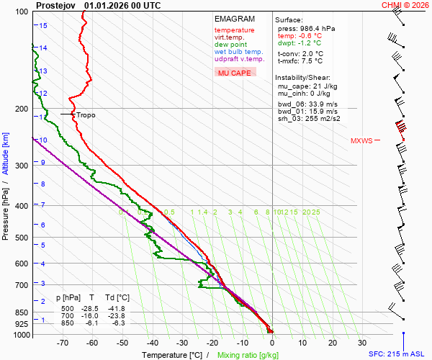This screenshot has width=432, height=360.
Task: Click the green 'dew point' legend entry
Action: pos(231,45)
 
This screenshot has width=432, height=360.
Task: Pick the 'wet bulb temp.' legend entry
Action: pos(238,52)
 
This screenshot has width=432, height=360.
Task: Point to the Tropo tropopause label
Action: pos(86,114)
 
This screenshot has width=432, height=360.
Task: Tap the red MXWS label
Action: pos(361,140)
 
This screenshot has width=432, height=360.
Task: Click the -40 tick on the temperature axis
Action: pos(152,343)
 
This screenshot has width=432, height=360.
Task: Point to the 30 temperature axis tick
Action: pos(362,343)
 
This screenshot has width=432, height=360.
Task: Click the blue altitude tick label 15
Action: pos(43,25)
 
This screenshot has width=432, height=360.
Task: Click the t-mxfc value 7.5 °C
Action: pos(312,61)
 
